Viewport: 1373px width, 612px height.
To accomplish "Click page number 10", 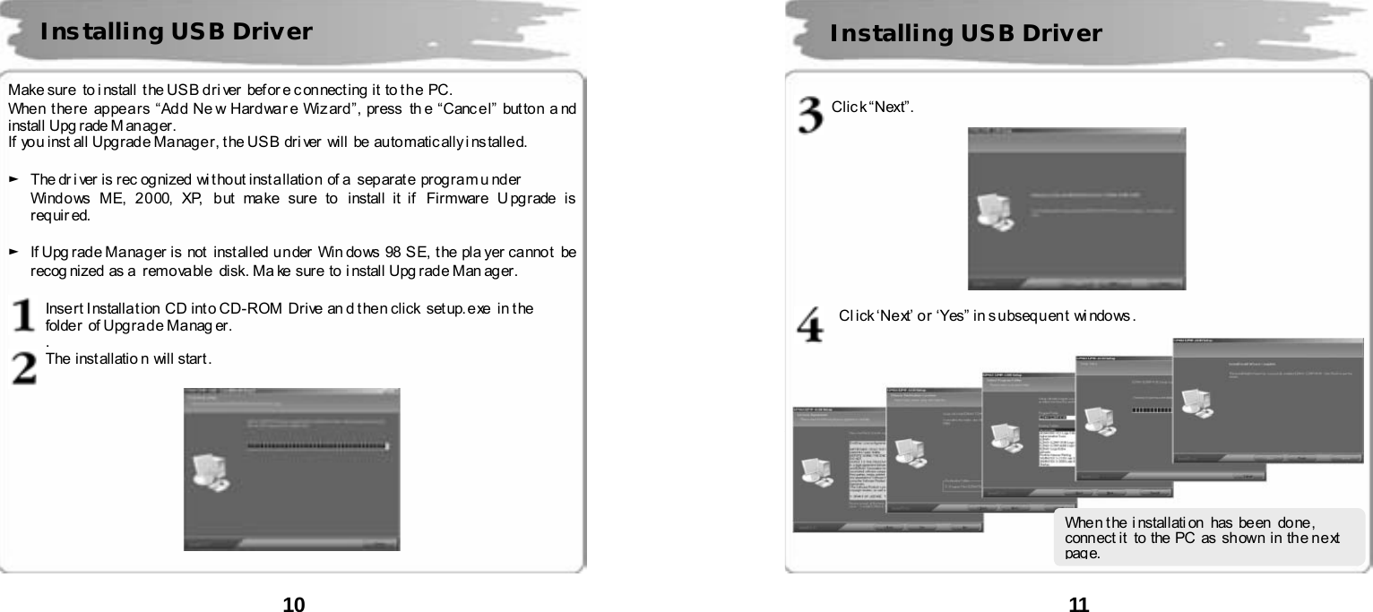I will coord(294,604).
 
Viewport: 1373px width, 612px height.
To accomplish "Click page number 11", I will coord(1079,604).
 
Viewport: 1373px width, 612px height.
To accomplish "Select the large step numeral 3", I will coord(811,115).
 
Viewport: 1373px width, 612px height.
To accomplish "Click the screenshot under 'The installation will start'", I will coord(291,469).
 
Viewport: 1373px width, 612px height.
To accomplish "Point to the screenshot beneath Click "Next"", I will coord(1076,208).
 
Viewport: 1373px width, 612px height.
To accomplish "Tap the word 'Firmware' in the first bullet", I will coord(455,197).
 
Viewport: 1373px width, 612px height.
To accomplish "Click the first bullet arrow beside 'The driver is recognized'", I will coord(13,180).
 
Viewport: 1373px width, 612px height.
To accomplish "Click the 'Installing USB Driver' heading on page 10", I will coord(176,32).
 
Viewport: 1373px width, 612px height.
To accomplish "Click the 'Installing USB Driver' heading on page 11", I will coord(966,34).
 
